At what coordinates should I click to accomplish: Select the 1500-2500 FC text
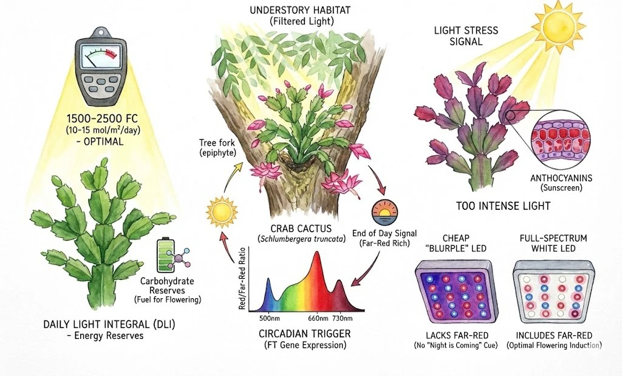[x=103, y=119]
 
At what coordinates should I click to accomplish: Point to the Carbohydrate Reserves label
[x=167, y=286]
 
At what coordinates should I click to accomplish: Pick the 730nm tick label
[x=342, y=318]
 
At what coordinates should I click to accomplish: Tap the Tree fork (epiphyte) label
[x=217, y=147]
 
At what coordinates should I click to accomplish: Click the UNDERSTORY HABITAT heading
[x=300, y=10]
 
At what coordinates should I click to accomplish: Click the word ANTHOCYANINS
[x=561, y=178]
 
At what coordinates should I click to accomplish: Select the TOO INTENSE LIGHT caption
[x=503, y=206]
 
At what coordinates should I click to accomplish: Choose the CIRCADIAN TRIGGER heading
[x=305, y=333]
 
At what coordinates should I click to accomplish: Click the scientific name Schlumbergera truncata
[x=301, y=239]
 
